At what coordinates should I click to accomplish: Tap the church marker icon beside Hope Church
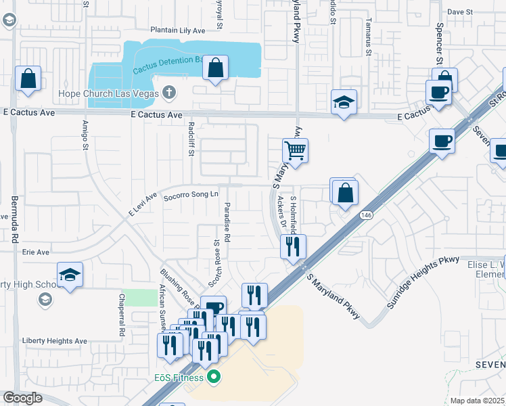tap(169, 93)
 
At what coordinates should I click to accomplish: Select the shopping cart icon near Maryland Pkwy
tap(295, 150)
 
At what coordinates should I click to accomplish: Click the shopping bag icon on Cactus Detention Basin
tap(215, 68)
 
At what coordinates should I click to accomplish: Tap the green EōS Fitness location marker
tap(214, 376)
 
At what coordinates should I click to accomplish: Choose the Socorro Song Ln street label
tap(191, 195)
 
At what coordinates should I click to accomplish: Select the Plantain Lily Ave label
tap(177, 30)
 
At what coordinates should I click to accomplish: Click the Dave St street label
tap(459, 12)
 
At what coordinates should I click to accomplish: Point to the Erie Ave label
tap(36, 252)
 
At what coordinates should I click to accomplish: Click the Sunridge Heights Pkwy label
tap(422, 283)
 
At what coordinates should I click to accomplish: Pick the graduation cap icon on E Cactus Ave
tap(344, 102)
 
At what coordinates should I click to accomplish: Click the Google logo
tap(23, 398)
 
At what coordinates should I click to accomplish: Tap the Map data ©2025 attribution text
tap(477, 401)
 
